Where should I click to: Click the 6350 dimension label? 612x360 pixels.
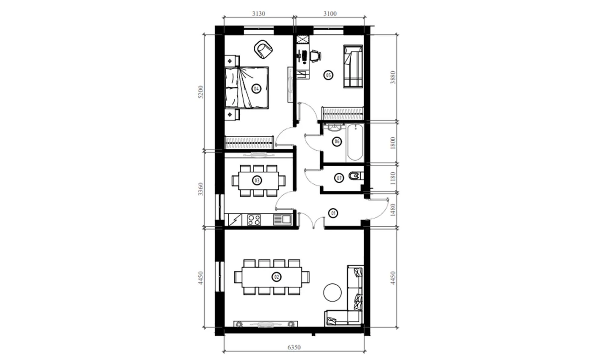tap(294, 347)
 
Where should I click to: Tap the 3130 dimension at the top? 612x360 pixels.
tap(258, 14)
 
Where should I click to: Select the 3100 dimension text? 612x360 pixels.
tap(330, 14)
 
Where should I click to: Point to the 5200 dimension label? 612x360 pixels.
tap(201, 92)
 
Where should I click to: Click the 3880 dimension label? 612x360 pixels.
tap(393, 78)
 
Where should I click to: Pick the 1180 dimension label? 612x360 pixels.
tap(393, 178)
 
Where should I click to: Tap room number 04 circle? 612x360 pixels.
tap(256, 89)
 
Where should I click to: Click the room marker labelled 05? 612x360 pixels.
tap(328, 75)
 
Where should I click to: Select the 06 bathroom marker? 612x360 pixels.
tap(337, 141)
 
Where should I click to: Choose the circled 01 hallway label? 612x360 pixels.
tap(333, 213)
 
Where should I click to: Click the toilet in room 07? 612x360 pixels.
tap(356, 176)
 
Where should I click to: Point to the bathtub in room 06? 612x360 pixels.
tap(355, 143)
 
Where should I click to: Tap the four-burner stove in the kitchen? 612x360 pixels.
tap(254, 220)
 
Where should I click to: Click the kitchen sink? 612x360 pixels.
tap(282, 220)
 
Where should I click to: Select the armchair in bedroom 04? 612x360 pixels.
tap(263, 50)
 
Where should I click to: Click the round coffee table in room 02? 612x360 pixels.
tap(332, 292)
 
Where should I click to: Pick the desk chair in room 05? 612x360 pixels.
tap(316, 56)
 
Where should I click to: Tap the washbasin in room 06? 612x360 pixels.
tap(334, 127)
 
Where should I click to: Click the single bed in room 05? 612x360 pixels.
tap(353, 66)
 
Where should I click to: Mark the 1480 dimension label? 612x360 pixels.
tap(393, 210)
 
